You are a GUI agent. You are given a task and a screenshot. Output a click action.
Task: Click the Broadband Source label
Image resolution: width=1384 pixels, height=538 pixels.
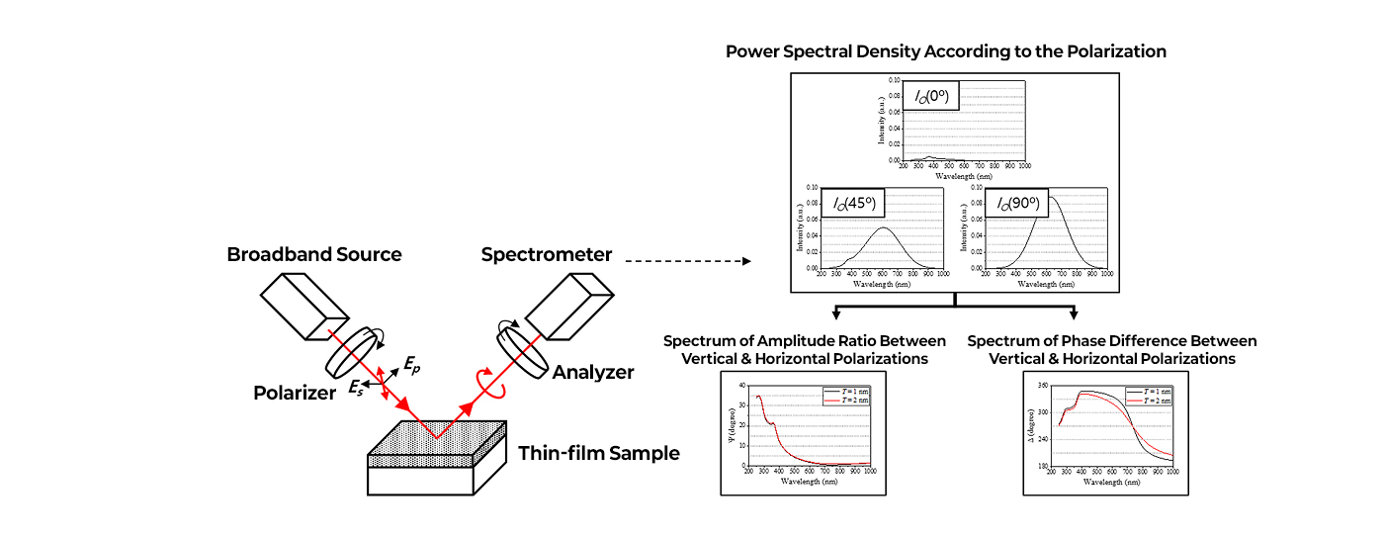point(314,254)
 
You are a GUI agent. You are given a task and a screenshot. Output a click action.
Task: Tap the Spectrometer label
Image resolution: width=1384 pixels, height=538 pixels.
point(546,254)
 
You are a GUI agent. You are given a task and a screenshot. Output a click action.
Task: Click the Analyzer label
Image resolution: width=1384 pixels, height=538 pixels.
point(593,372)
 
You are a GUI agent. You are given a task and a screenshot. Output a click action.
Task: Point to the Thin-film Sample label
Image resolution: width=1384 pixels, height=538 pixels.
point(599,454)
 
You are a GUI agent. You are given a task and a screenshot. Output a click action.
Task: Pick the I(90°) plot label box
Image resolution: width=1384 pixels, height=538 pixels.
point(1017,204)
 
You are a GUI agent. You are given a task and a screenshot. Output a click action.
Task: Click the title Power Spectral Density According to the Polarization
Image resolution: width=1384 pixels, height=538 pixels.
point(946,51)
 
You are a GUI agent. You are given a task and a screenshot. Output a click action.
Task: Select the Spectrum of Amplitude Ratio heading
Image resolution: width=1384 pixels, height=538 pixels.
point(804,349)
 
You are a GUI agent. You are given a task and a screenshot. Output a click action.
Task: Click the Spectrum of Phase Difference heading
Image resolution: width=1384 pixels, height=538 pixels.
point(1112,349)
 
